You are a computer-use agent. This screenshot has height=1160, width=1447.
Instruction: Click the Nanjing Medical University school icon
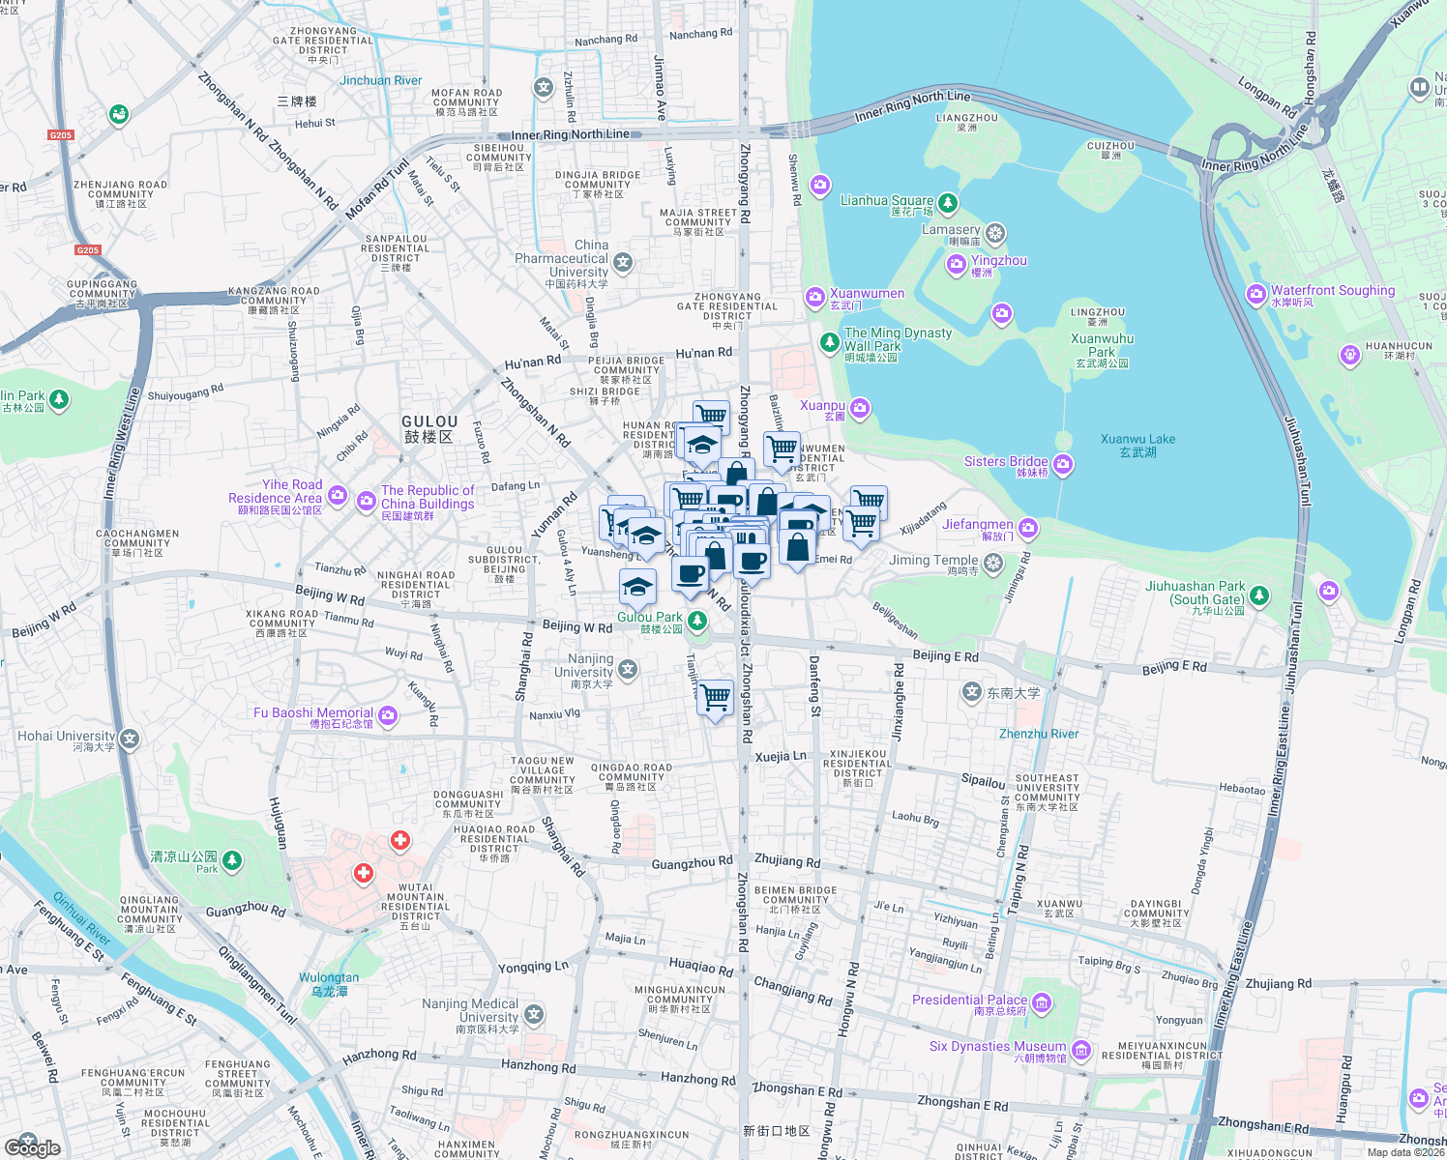[x=534, y=1015]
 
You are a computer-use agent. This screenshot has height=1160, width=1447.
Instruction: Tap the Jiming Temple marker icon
[x=993, y=563]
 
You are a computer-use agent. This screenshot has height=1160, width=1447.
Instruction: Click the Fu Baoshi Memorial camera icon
[x=388, y=715]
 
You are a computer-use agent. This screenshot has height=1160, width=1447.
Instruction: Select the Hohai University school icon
[x=130, y=739]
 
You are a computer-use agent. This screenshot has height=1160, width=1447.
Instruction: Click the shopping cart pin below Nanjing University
[x=716, y=697]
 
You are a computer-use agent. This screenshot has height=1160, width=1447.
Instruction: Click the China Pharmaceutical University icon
[x=623, y=262]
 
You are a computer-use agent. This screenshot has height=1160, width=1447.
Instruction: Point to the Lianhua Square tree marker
[x=948, y=202]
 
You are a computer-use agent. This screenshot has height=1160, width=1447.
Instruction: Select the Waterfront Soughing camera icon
[x=1256, y=294]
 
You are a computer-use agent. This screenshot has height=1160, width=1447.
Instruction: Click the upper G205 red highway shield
[x=61, y=135]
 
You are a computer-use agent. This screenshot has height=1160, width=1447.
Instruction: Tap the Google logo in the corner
[x=32, y=1147]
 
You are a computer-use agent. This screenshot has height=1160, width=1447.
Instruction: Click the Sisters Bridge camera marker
[x=1063, y=465]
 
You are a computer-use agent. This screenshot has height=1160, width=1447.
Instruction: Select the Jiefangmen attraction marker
[x=1028, y=528]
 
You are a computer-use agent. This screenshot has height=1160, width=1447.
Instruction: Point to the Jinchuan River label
[x=380, y=81]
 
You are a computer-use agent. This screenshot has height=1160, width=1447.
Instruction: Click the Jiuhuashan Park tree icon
[x=1259, y=595]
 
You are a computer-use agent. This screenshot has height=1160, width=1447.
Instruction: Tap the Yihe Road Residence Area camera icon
[x=338, y=496]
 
